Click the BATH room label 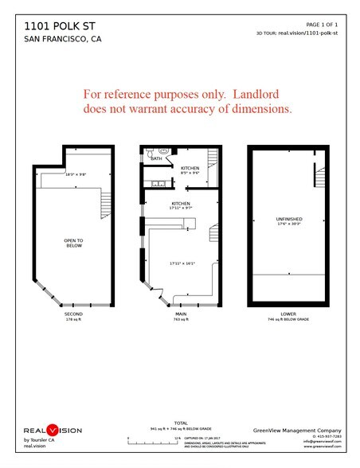tap(155, 158)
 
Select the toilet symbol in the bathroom tap(162, 150)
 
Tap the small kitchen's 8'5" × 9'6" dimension tap(190, 173)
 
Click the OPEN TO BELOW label tap(74, 242)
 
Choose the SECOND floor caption tap(73, 314)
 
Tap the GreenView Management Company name tap(297, 428)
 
